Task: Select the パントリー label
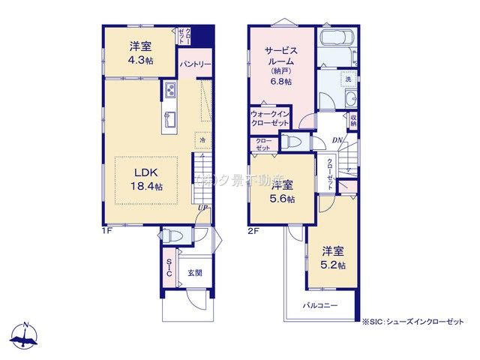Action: pyautogui.click(x=194, y=65)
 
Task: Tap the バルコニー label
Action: pyautogui.click(x=320, y=306)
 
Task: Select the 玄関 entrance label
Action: pyautogui.click(x=193, y=273)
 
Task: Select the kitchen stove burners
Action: pyautogui.click(x=169, y=91)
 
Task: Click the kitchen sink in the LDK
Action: pyautogui.click(x=169, y=119)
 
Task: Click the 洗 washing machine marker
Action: pyautogui.click(x=348, y=78)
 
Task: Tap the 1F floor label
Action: pyautogui.click(x=106, y=230)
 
